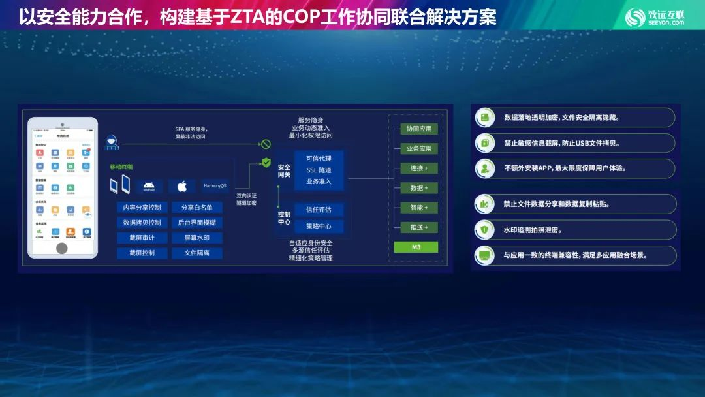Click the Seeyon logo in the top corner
(x=655, y=18)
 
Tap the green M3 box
(x=416, y=247)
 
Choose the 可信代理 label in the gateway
(x=319, y=159)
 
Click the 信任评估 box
(x=319, y=210)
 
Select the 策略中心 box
(x=319, y=227)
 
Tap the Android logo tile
(x=149, y=186)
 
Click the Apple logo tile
(x=182, y=187)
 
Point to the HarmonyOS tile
(x=215, y=186)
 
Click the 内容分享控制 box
(x=142, y=207)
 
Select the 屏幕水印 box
(x=196, y=238)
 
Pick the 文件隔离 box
(x=196, y=253)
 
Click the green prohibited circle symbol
(x=266, y=144)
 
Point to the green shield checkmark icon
(x=266, y=163)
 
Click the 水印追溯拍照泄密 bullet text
(x=532, y=230)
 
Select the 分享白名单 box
(x=196, y=207)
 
